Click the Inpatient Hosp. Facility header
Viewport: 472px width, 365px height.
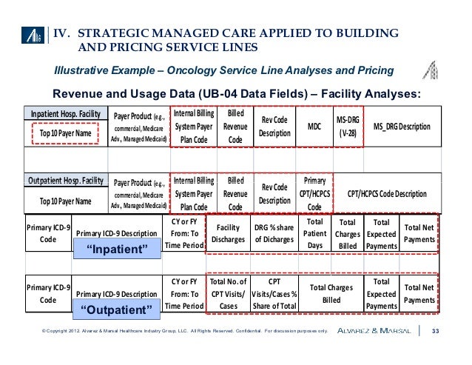[x=64, y=114]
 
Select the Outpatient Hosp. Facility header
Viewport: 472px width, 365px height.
[x=66, y=180]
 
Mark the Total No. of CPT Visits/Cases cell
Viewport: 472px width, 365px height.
[x=229, y=293]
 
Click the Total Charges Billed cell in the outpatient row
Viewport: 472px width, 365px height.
[x=330, y=294]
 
